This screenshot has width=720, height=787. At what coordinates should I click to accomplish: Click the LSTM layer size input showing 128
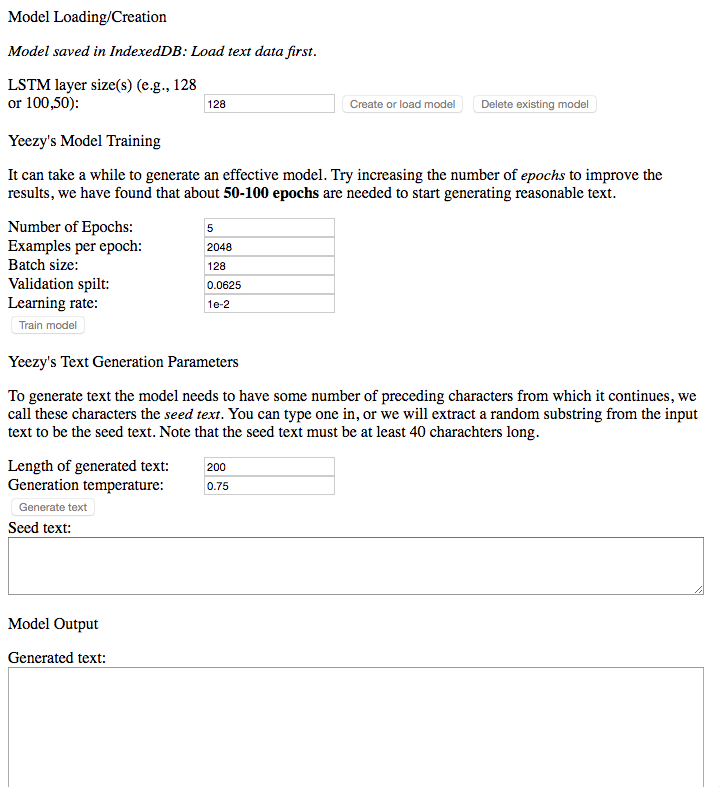[x=269, y=104]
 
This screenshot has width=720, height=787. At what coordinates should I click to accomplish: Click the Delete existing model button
[x=534, y=104]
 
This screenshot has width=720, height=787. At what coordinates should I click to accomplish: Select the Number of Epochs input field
[x=269, y=228]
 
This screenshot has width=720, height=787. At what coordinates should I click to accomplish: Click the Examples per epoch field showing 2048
[x=269, y=247]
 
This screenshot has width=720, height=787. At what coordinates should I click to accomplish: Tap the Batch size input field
[x=269, y=266]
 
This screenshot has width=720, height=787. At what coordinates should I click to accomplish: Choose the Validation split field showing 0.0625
[x=269, y=285]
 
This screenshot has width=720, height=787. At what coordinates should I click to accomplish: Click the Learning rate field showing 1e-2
[x=269, y=304]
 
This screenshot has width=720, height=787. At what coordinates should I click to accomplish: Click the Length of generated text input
[x=269, y=467]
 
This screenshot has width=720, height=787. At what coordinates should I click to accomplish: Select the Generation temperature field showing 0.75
[x=269, y=486]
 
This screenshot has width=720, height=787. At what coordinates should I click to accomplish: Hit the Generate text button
[x=53, y=507]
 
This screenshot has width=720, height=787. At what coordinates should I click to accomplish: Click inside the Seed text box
[x=355, y=566]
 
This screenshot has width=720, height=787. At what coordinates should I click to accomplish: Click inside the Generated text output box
[x=355, y=726]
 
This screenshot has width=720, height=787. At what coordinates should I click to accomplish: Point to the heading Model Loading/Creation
[x=87, y=17]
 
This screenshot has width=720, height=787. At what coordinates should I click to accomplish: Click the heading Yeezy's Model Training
[x=84, y=141]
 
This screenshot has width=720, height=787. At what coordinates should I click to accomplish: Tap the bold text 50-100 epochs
[x=271, y=193]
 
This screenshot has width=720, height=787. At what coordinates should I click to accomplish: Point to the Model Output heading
[x=53, y=624]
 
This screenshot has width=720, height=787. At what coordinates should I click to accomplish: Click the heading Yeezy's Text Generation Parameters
[x=123, y=362]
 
